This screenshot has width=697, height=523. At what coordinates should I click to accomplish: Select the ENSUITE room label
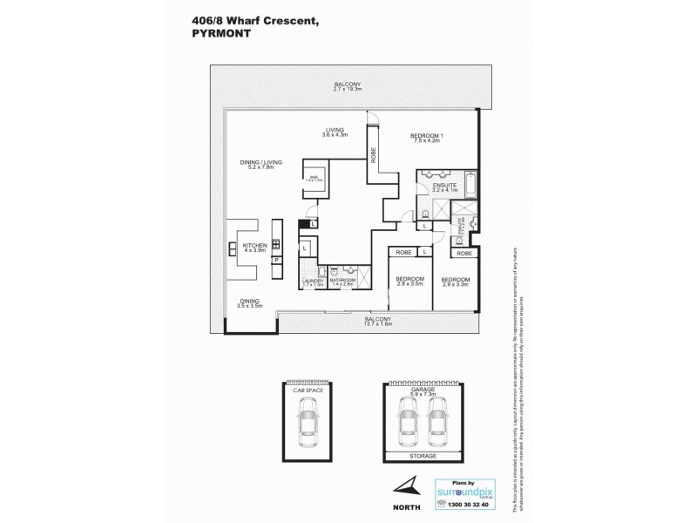(444, 186)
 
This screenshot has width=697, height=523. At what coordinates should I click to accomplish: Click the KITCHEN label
(254, 246)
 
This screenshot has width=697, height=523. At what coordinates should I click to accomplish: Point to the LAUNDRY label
(312, 280)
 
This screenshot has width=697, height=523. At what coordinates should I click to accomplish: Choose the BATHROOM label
(342, 280)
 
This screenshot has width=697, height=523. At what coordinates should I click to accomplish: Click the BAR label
(312, 176)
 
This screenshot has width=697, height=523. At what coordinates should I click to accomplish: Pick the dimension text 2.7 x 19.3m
(347, 90)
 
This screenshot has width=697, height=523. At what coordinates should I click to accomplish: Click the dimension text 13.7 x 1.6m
(377, 324)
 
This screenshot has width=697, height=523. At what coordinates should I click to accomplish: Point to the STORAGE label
(422, 456)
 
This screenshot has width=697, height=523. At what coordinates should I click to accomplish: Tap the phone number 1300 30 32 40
(461, 505)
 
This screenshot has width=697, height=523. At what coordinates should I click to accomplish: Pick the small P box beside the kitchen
(275, 260)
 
